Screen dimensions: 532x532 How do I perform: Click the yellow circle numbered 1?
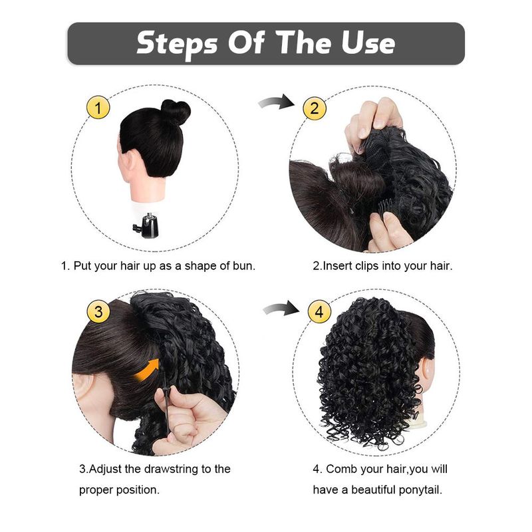click(x=98, y=108)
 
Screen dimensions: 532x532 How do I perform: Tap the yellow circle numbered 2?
click(x=315, y=108)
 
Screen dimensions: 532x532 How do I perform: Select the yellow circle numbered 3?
click(x=98, y=311)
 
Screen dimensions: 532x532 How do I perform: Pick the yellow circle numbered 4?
click(x=319, y=311)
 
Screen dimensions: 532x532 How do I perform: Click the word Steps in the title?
click(x=177, y=44)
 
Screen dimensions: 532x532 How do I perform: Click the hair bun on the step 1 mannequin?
click(x=175, y=112)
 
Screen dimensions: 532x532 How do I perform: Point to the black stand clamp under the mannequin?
click(x=146, y=225)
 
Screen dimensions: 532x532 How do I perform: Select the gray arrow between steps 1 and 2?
click(x=276, y=102)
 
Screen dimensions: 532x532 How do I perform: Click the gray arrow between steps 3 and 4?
click(x=281, y=308)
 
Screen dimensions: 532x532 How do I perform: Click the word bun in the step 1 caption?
click(x=243, y=265)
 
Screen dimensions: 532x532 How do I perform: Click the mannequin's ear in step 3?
click(x=82, y=394)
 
